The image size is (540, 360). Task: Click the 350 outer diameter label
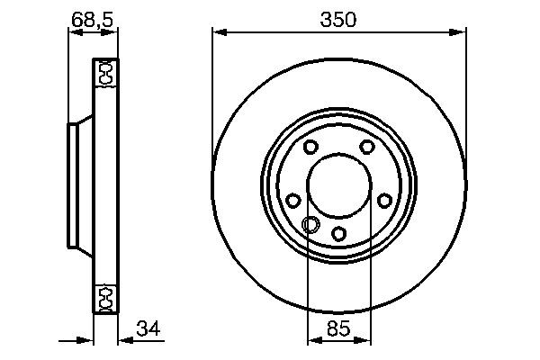coord(340,19)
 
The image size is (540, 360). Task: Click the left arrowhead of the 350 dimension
coord(219,33)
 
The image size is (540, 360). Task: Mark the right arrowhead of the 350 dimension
coord(462,33)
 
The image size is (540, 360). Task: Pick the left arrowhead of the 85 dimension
coord(313,341)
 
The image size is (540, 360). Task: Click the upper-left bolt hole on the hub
coord(310,148)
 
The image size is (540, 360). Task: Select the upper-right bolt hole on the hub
coord(367,147)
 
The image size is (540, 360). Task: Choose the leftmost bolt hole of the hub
coord(292,202)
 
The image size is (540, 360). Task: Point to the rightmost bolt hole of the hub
coord(385,201)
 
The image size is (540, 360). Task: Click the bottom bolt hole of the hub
coord(339,234)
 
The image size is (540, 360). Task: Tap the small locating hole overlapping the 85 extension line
coord(310,225)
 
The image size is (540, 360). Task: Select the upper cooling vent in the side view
coord(105,73)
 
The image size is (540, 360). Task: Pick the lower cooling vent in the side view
coord(105,297)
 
